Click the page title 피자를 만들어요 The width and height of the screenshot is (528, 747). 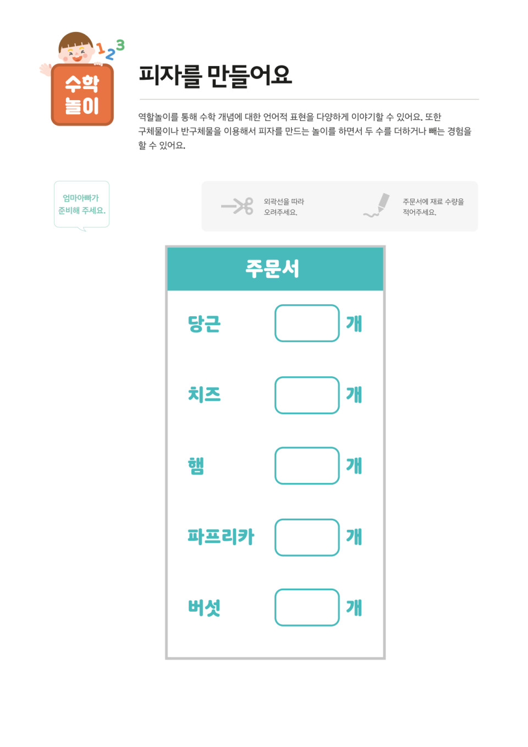216,76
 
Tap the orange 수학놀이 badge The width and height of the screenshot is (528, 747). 82,95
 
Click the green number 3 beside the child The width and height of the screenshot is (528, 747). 120,45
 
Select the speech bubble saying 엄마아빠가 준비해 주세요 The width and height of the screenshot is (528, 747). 81,205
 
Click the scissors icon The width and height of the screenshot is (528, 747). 238,206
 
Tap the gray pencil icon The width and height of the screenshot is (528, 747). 377,205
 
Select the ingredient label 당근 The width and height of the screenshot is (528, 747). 205,324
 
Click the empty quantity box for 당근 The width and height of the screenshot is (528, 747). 307,323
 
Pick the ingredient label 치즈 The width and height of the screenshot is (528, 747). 205,394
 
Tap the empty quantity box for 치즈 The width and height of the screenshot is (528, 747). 307,395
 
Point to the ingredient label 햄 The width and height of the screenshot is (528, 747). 196,465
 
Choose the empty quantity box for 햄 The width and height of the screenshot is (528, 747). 307,465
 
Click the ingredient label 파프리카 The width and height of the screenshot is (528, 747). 221,536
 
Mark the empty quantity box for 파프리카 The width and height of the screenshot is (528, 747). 307,537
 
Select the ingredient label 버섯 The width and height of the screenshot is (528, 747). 205,608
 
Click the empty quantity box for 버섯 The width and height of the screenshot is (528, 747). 307,607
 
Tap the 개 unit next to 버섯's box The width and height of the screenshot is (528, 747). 354,608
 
